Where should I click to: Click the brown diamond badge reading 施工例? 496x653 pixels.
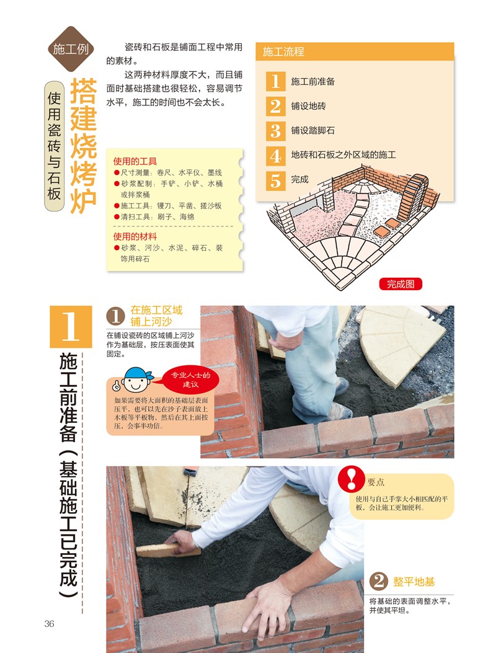coord(71,49)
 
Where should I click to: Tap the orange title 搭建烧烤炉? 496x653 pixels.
coord(83,146)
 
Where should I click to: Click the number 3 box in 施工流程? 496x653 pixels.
coord(275,130)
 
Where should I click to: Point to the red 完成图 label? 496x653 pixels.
coord(401,284)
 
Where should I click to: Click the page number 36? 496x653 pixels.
coord(49,623)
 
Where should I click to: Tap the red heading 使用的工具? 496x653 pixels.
coord(135,162)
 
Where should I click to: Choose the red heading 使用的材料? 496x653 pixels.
coord(135,236)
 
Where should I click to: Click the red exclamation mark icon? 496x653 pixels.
coord(351,479)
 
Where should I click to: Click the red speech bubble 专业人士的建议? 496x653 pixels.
coord(190,379)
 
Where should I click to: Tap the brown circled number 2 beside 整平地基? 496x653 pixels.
coord(379,580)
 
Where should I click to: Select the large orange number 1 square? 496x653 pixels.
coord(71,327)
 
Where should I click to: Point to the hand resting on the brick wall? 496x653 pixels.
coord(266,604)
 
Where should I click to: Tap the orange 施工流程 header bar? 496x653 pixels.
coord(355,51)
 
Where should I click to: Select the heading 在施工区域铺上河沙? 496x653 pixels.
coord(156,316)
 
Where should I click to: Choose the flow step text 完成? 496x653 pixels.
coord(299,179)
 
